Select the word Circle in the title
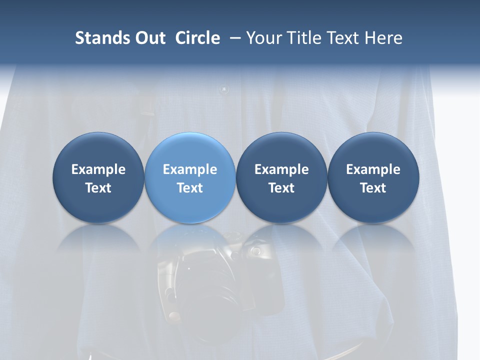(197, 38)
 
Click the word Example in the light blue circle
(190, 169)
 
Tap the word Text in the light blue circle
(190, 188)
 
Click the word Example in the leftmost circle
(98, 169)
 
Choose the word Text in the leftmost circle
(98, 188)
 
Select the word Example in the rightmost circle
(373, 169)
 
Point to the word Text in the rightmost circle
(373, 188)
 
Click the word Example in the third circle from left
(281, 169)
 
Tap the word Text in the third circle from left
(281, 188)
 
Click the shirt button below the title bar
(223, 90)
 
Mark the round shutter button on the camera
(255, 250)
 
